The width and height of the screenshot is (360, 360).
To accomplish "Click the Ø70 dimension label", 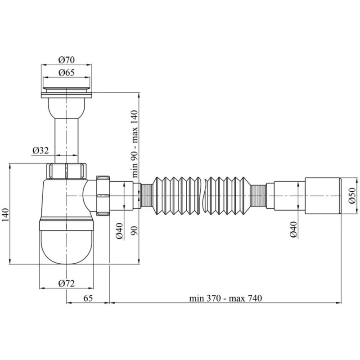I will coord(66,59).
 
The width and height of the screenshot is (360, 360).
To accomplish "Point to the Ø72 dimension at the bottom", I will coord(66,283).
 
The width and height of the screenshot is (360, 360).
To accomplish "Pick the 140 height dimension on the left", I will coord(5,215).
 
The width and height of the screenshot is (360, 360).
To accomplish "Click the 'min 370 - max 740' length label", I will coord(225,298).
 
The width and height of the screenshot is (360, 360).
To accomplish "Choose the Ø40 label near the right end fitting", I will coord(293,230).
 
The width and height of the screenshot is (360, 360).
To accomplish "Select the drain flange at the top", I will coord(67,89).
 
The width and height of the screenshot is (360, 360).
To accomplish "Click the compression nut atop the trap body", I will coord(67,171).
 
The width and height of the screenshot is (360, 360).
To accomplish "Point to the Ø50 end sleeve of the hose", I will coord(322,196).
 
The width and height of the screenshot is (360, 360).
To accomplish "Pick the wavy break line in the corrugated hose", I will coord(205,196).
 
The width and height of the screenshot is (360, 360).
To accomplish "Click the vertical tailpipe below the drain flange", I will coord(66,135).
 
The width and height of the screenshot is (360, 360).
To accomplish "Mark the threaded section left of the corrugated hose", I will coord(146,196).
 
